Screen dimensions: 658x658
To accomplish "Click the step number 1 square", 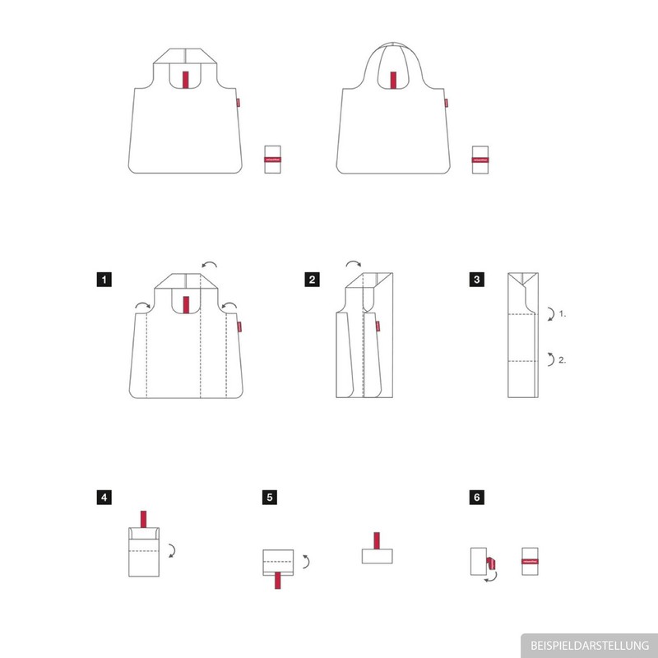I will pyautogui.click(x=102, y=280).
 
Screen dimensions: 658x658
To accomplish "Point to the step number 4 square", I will pyautogui.click(x=102, y=498).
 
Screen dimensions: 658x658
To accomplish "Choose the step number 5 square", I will pyautogui.click(x=270, y=498).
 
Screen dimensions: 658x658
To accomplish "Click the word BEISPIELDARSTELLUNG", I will pyautogui.click(x=589, y=645).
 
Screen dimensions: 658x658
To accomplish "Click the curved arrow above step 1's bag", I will pyautogui.click(x=211, y=263).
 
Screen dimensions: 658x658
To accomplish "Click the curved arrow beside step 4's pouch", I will pyautogui.click(x=172, y=549).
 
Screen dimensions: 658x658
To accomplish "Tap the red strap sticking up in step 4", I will pyautogui.click(x=143, y=520).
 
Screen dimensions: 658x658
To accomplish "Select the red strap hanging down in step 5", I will pyautogui.click(x=278, y=578).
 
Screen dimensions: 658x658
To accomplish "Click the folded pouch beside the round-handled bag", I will pyautogui.click(x=481, y=159).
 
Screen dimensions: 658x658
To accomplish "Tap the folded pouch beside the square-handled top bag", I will pyautogui.click(x=273, y=159).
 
